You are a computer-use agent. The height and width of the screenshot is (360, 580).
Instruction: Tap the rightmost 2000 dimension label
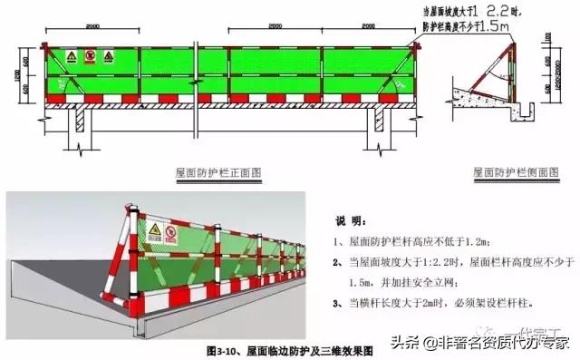(x=367, y=28)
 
